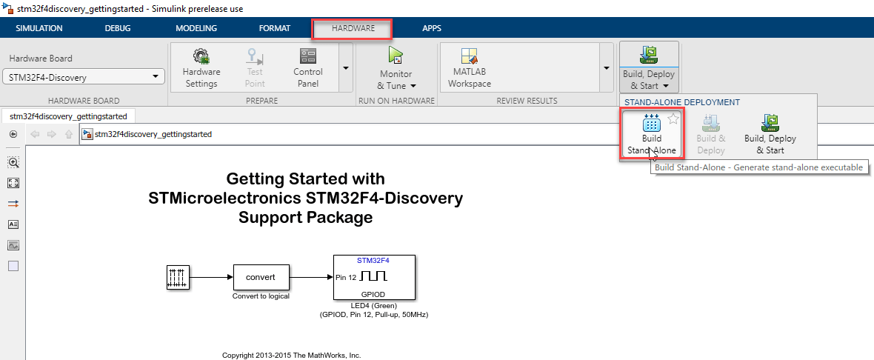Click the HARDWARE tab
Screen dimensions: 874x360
click(353, 28)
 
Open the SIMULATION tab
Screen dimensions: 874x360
click(39, 28)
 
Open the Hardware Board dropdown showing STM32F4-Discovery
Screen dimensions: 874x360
click(84, 77)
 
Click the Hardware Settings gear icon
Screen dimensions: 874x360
click(201, 56)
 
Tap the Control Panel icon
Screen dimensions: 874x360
click(307, 56)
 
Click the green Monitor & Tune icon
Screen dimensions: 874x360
click(396, 55)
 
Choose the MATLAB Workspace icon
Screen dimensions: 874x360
click(470, 56)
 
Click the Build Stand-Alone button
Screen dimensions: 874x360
click(652, 135)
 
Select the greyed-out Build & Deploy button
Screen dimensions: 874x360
click(711, 135)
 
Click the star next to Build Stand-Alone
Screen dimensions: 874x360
click(673, 118)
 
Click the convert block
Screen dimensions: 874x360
click(261, 277)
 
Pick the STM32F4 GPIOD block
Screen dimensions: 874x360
click(374, 277)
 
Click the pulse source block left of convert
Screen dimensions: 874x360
click(179, 277)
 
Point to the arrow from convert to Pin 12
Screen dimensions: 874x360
click(312, 277)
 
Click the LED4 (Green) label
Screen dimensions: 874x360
click(374, 306)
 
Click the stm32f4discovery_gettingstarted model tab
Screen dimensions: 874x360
click(69, 116)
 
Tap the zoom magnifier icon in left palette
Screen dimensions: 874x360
click(13, 162)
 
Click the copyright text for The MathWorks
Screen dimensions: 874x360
click(292, 355)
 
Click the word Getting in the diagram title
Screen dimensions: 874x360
click(254, 179)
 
